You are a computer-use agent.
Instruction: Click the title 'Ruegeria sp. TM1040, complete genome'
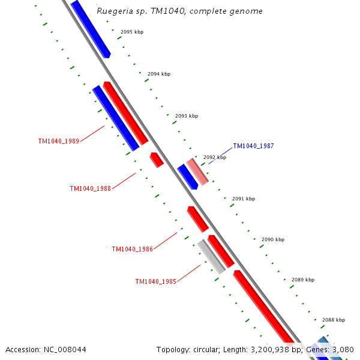tap(179, 11)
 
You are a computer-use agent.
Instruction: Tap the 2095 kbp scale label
tap(132, 31)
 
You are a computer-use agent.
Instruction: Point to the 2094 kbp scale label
tap(159, 74)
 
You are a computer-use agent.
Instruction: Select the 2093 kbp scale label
tap(187, 116)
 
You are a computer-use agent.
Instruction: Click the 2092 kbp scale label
tap(215, 157)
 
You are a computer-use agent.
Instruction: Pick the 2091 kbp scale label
tap(244, 199)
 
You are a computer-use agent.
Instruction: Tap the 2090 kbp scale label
tap(273, 239)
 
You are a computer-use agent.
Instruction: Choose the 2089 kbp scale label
tap(303, 280)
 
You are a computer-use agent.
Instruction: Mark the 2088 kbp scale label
tap(334, 320)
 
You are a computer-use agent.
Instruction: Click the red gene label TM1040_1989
tap(58, 142)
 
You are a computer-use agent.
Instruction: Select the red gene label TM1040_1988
tap(90, 188)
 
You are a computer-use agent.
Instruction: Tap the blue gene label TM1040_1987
tap(253, 146)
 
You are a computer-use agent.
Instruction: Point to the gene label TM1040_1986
tap(132, 249)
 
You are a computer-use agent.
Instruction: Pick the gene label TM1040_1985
tap(155, 281)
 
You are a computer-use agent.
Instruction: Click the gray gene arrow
tap(211, 257)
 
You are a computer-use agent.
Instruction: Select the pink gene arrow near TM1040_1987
tap(197, 172)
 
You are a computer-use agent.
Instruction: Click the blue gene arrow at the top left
tap(90, 28)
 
